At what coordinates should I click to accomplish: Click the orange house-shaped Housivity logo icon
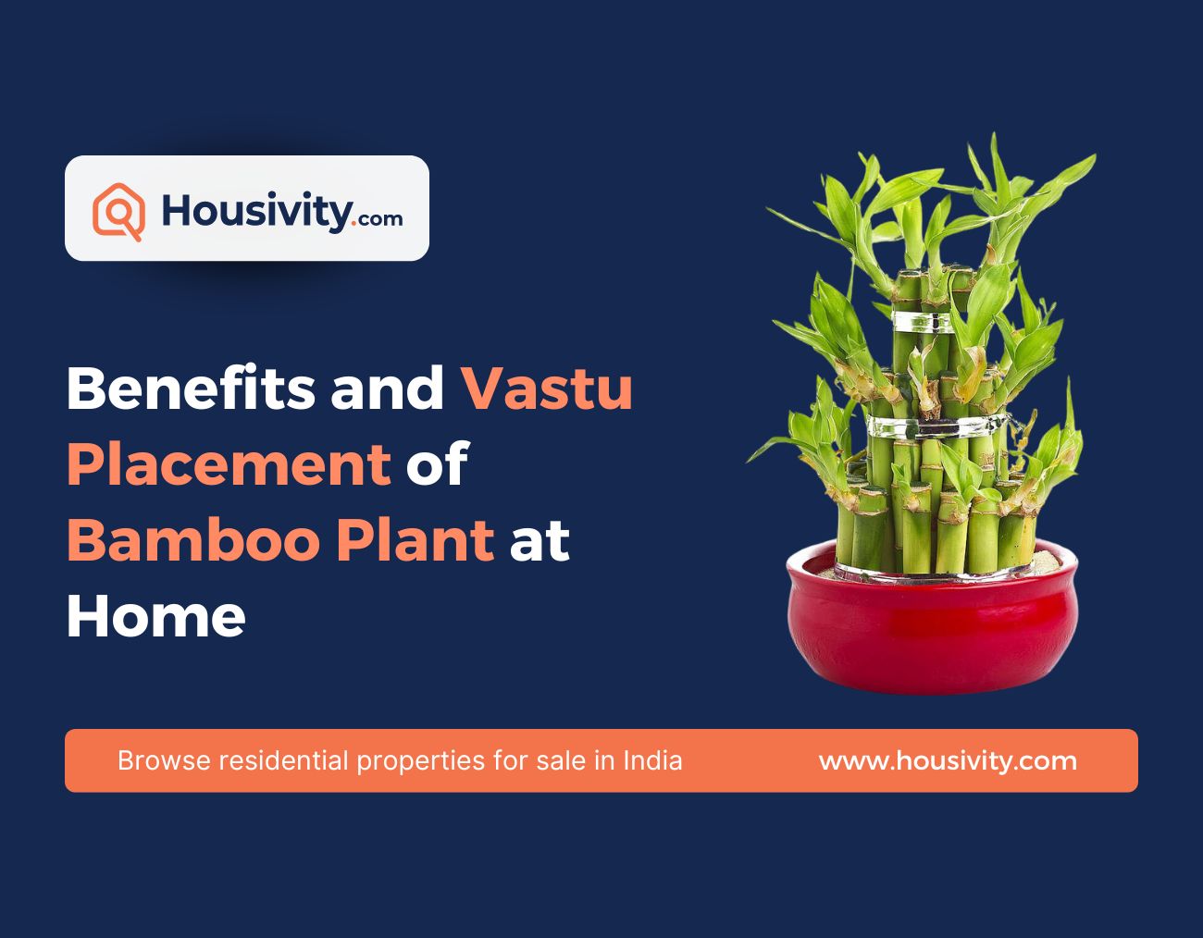[x=118, y=211]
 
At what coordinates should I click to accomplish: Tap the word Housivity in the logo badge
[x=255, y=211]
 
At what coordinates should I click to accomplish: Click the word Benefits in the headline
[x=190, y=389]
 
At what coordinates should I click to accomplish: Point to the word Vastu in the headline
[x=547, y=389]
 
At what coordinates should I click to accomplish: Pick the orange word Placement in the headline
[x=228, y=463]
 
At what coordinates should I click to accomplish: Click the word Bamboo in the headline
[x=189, y=539]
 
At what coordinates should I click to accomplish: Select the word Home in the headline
[x=155, y=615]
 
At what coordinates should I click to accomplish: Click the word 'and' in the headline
[x=388, y=389]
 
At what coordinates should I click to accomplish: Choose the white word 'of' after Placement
[x=436, y=463]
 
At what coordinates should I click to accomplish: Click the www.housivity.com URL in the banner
[x=948, y=761]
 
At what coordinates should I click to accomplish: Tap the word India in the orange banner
[x=652, y=761]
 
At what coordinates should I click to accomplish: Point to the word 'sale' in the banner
[x=560, y=761]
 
